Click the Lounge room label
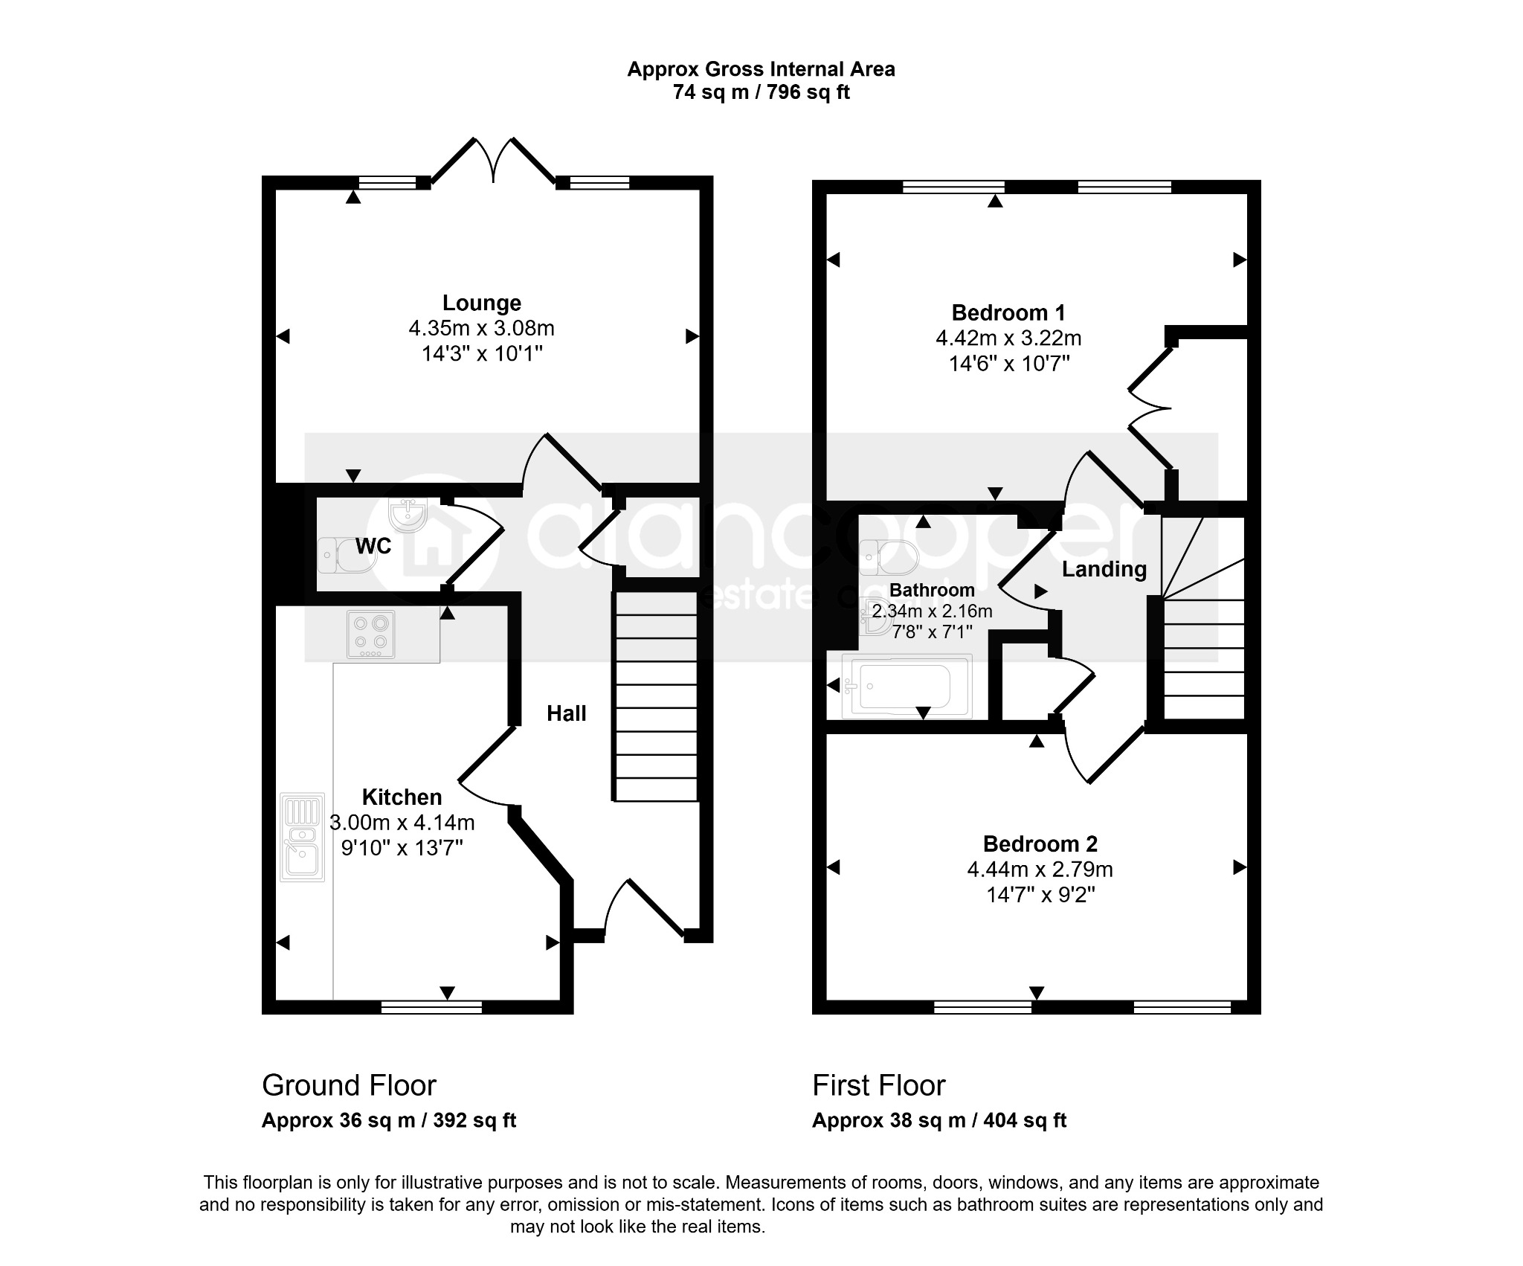pos(482,303)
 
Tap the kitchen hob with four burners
pos(371,634)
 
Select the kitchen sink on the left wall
pos(302,838)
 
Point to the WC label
pos(373,546)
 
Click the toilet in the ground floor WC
pos(347,556)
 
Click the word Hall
pos(567,714)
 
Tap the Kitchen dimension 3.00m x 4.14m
pos(402,823)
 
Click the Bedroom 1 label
pos(1008,312)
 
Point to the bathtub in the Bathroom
pos(907,686)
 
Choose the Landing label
pos(1104,570)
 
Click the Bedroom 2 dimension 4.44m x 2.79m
pos(1040,869)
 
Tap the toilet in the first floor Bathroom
pos(889,558)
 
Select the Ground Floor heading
pos(349,1086)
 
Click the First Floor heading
pos(878,1086)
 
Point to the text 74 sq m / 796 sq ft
pos(761,92)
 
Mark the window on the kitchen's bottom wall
pos(431,1007)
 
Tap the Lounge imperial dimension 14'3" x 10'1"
pos(482,353)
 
